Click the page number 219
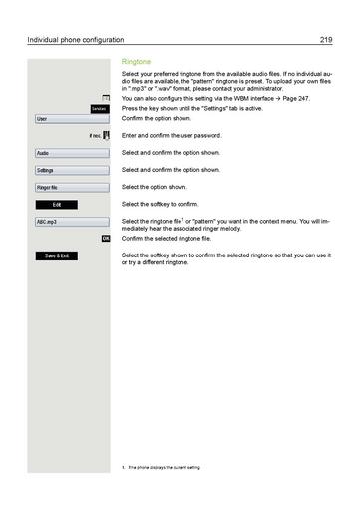(325, 40)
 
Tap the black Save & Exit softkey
(57, 256)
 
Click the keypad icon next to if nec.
(106, 135)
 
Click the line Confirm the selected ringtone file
(170, 240)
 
